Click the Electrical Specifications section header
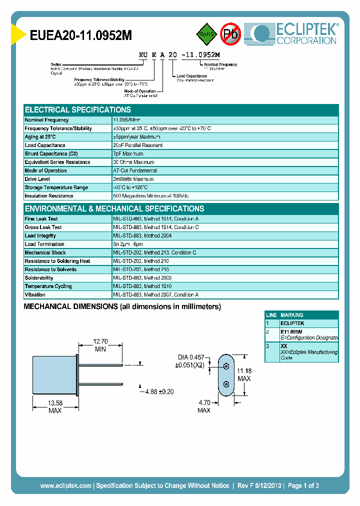point(78,110)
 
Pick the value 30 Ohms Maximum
point(133,162)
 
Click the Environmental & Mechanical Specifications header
point(114,209)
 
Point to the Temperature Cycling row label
point(48,286)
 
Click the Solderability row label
point(39,278)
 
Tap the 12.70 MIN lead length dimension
point(100,345)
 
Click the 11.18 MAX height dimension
point(244,374)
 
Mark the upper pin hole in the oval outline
point(226,366)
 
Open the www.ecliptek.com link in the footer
point(65,485)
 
